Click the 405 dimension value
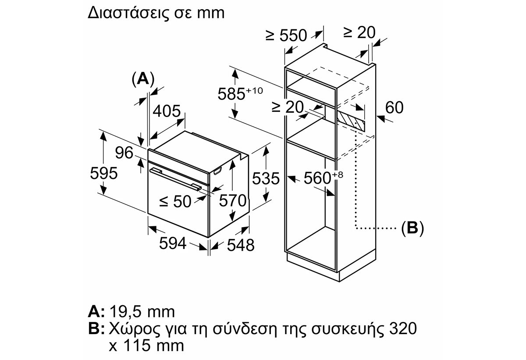tap(167, 111)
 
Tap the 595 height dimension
tap(104, 174)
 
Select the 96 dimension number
tap(124, 153)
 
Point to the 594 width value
tap(173, 243)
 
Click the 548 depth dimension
tap(241, 246)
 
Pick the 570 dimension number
tap(233, 200)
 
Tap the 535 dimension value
tap(266, 178)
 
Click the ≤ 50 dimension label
tap(175, 202)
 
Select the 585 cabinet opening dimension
tap(240, 94)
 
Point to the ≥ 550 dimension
tap(286, 36)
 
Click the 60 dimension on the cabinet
tap(394, 107)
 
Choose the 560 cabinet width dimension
tap(323, 178)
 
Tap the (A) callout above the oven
tap(143, 79)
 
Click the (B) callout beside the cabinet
tap(412, 228)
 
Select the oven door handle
tap(176, 179)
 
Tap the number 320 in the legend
tap(403, 328)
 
